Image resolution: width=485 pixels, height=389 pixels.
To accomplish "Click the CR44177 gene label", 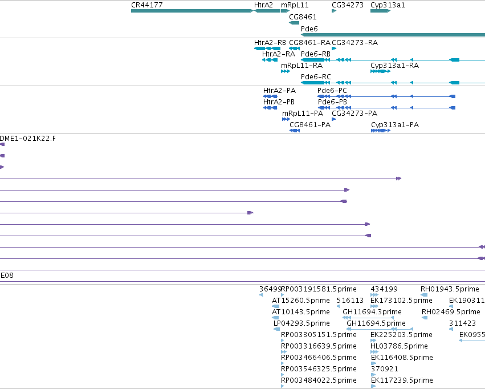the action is [147, 5].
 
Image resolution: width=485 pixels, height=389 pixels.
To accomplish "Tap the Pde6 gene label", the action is [309, 29].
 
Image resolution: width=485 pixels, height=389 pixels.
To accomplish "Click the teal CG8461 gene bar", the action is [294, 23].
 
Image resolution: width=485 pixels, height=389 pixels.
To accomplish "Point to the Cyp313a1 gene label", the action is [388, 5].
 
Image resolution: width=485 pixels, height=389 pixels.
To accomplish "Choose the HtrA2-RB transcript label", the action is [270, 43].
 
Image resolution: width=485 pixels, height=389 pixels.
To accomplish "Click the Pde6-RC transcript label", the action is [316, 77].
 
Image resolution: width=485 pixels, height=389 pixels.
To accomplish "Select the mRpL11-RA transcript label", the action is [301, 66].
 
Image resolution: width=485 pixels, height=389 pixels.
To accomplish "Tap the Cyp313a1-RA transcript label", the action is [395, 66].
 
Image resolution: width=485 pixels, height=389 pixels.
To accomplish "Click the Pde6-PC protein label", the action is [332, 91].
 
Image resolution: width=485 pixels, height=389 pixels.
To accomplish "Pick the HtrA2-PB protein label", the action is [279, 102].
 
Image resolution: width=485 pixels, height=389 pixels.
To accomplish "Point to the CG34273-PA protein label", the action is [354, 114].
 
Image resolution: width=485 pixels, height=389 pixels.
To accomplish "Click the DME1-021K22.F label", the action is [28, 139].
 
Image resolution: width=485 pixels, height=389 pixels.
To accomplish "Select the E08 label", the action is [7, 275].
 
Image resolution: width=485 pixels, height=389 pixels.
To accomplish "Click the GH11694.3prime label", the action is [372, 312].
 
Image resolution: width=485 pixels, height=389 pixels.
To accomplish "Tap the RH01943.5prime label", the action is [450, 289].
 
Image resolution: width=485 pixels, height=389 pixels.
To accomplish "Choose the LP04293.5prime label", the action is [301, 323].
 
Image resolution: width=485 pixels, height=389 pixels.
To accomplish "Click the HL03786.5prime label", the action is [399, 346].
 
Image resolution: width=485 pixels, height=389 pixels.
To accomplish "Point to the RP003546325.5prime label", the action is [319, 369].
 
